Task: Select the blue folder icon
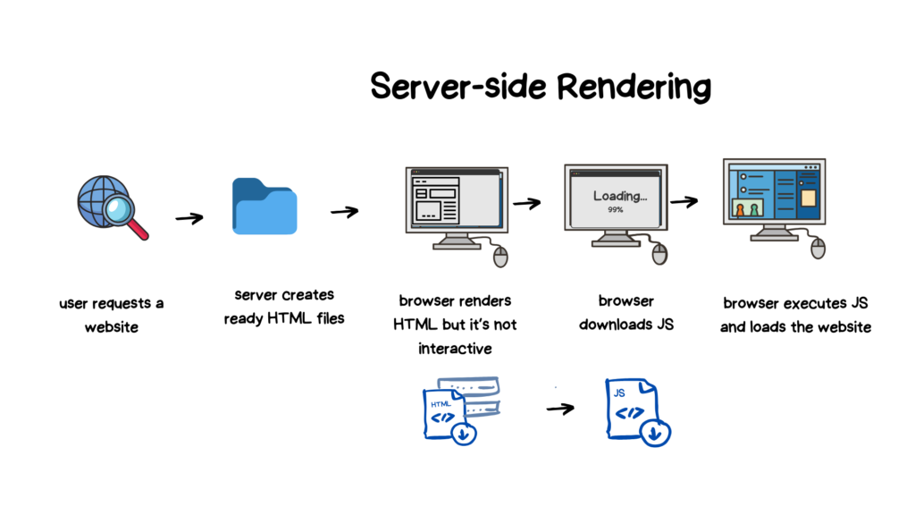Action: click(264, 207)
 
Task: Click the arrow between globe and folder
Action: click(189, 218)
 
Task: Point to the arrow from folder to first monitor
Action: click(344, 212)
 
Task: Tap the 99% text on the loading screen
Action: click(615, 210)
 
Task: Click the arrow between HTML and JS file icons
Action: click(560, 409)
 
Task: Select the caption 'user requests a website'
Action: click(111, 315)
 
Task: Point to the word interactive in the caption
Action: click(455, 348)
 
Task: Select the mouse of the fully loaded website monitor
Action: click(818, 249)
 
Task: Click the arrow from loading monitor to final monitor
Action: click(684, 201)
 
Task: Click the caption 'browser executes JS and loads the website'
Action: click(795, 315)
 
